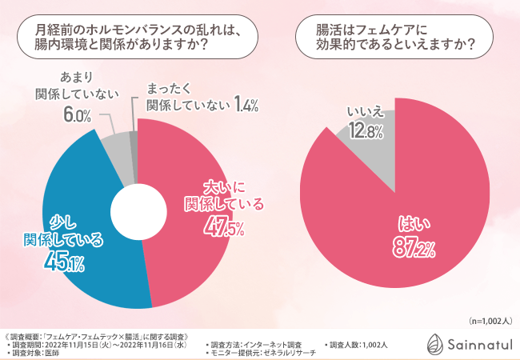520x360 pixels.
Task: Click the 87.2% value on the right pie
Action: [412, 247]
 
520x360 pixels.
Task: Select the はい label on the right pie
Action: [412, 224]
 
